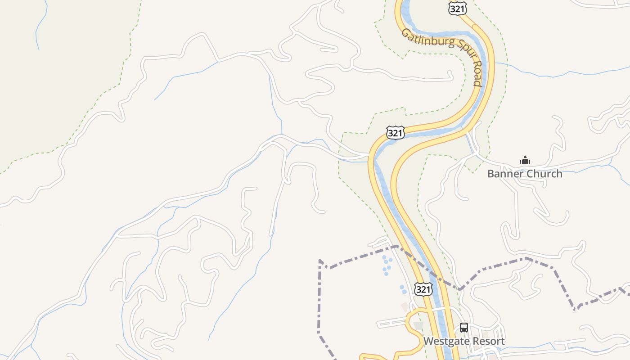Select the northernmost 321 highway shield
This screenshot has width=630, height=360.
(458, 8)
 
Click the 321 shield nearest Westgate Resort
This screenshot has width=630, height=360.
(423, 289)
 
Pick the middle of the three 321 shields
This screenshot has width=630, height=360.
(395, 133)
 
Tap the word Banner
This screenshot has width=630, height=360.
(505, 174)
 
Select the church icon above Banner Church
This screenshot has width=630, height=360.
(525, 160)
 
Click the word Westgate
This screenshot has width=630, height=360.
(445, 341)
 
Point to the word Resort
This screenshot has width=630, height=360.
(487, 341)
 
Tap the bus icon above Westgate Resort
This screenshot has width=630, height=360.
(463, 328)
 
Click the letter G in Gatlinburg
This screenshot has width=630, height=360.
(405, 33)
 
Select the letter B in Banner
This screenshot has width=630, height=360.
(491, 174)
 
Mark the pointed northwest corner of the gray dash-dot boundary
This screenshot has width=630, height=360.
(320, 261)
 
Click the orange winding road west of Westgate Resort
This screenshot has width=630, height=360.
(409, 324)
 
